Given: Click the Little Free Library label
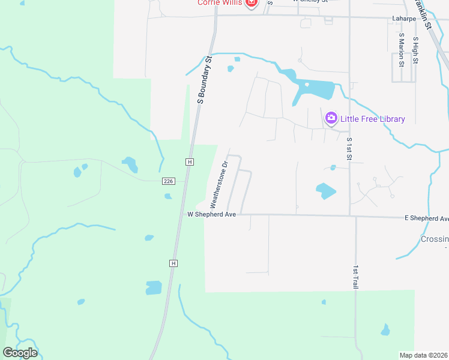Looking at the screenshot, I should [372, 119].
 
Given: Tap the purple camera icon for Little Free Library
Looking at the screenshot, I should [331, 118].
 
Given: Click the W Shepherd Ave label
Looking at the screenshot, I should [212, 214].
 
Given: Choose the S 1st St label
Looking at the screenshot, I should [349, 148].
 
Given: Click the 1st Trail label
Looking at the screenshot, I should [356, 277].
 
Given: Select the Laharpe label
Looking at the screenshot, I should [405, 18].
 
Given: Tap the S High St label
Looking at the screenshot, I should [415, 50].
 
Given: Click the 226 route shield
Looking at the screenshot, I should [168, 181].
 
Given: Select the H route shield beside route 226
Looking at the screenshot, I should [190, 162].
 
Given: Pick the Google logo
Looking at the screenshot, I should [20, 352].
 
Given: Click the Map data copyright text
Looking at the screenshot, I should [424, 355].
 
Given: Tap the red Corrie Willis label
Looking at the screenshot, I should [220, 3].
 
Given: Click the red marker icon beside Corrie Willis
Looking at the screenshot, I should [252, 3].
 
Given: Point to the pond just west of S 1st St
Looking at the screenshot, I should [325, 191].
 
